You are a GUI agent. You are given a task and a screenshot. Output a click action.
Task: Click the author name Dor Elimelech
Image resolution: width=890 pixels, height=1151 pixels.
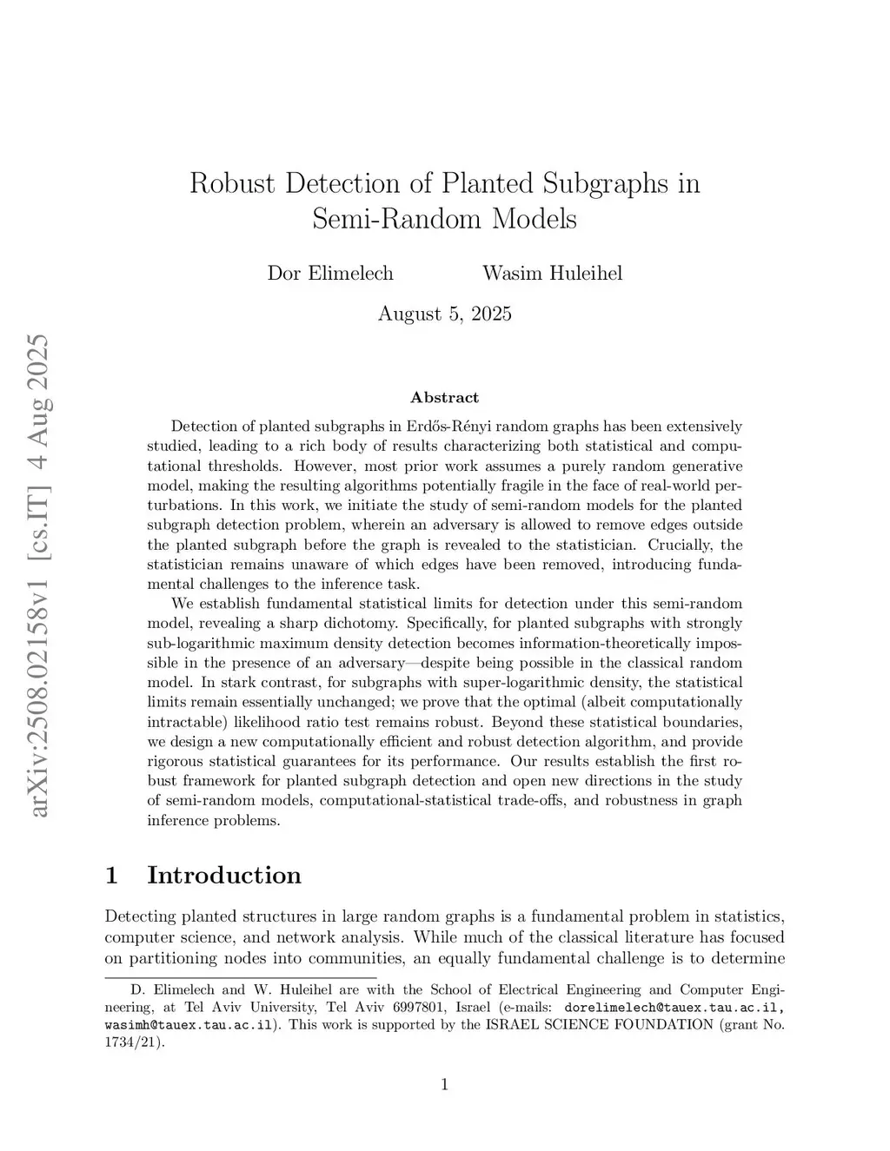pyautogui.click(x=330, y=274)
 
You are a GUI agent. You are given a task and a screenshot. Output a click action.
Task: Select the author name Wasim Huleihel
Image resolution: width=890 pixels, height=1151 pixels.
pyautogui.click(x=552, y=274)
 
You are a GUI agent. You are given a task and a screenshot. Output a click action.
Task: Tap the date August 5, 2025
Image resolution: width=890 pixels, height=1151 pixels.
pyautogui.click(x=444, y=314)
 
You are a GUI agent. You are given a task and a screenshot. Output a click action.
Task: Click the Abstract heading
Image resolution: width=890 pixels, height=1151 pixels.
pyautogui.click(x=444, y=398)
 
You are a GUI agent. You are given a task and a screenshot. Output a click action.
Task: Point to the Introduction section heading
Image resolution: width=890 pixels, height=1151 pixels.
pyautogui.click(x=224, y=875)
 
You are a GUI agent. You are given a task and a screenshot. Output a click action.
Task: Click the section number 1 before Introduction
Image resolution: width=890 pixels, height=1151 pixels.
pyautogui.click(x=110, y=875)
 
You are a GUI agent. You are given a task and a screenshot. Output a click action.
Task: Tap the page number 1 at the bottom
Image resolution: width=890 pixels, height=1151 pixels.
pyautogui.click(x=444, y=1083)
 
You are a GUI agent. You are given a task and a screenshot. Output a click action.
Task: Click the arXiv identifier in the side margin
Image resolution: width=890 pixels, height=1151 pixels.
pyautogui.click(x=39, y=573)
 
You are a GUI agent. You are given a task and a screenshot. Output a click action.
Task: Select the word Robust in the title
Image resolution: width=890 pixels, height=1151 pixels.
pyautogui.click(x=232, y=184)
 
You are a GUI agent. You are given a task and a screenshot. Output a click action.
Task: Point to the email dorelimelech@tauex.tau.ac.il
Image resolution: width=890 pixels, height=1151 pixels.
pyautogui.click(x=675, y=1008)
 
